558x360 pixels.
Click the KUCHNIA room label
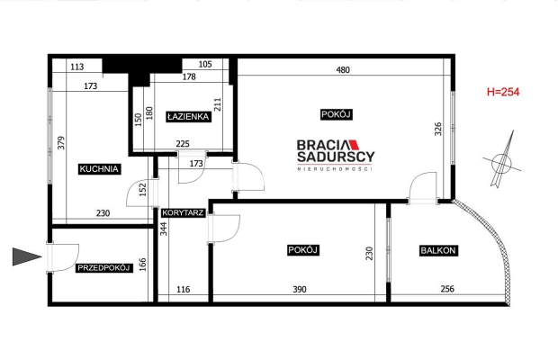coord(99,169)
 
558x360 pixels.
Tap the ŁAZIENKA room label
coord(188,117)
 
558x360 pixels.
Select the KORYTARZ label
coord(183,213)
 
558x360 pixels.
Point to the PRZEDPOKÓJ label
coord(103,268)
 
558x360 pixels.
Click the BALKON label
coord(438,250)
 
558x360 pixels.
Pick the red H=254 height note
coord(503,92)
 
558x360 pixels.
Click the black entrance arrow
coord(27,256)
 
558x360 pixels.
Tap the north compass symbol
coord(502,162)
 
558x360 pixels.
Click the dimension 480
coord(343,70)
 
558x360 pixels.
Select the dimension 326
coord(438,129)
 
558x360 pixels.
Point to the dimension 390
coord(300,290)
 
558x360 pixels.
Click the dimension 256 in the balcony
coord(447,289)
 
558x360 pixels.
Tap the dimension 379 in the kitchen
coord(61,142)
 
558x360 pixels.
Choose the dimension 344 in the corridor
coord(163,229)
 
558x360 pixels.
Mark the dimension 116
coord(184,290)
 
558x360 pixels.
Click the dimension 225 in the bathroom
coord(183,144)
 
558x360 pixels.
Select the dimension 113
coord(77,67)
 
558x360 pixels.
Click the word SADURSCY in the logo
coord(336,157)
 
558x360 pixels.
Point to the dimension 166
coord(142,265)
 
